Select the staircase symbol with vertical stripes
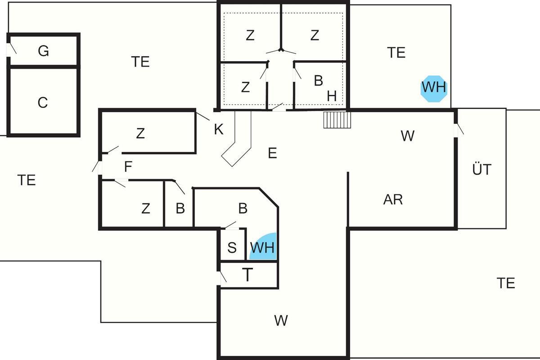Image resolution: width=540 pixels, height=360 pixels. coord(337,120)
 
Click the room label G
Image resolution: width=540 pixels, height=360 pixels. coord(43,51)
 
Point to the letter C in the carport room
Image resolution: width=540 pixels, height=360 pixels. coord(43,103)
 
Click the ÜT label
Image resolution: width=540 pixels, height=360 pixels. coord(482,170)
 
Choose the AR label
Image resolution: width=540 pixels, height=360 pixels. coord(393,199)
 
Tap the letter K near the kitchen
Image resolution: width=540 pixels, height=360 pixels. coord(219,130)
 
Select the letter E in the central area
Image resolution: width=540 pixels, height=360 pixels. coord(272,153)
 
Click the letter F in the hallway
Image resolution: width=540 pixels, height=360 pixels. coord(128,167)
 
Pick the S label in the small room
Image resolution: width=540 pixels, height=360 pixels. coord(232,248)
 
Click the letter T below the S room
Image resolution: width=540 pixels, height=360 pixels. coord(247,274)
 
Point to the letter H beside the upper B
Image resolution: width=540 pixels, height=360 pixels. coord(332,96)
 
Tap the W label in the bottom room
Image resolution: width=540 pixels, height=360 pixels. coord(281,321)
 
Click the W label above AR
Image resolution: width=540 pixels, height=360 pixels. coord(407,136)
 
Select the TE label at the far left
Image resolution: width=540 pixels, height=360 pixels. coord(27,180)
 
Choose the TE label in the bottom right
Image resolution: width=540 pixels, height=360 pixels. coord(505,283)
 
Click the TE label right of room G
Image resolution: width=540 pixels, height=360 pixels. coord(140,62)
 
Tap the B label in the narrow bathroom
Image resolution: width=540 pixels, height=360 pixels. coord(180,209)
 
